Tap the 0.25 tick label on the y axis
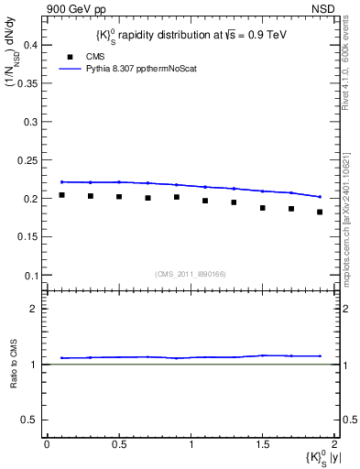[x=30, y=159]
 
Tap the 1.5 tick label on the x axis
[x=263, y=444]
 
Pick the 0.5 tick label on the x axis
[x=119, y=444]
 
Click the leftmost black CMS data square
[x=61, y=195]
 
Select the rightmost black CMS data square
[x=320, y=212]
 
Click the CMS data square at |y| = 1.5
[x=263, y=208]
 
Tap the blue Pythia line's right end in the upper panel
[x=320, y=196]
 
